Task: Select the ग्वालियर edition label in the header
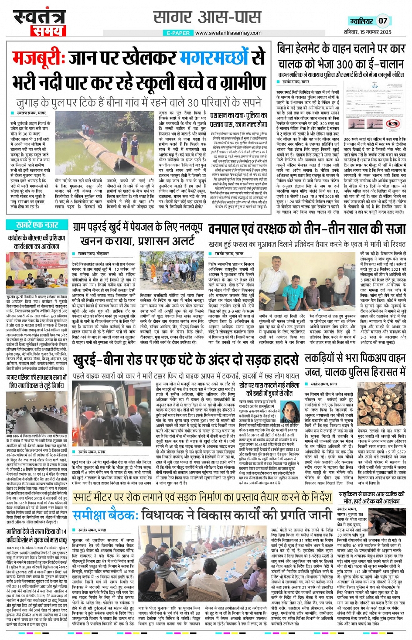[x=361, y=21]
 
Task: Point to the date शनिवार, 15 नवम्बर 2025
[x=368, y=32]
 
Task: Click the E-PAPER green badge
[x=178, y=33]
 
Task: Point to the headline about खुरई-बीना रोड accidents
[x=186, y=361]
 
